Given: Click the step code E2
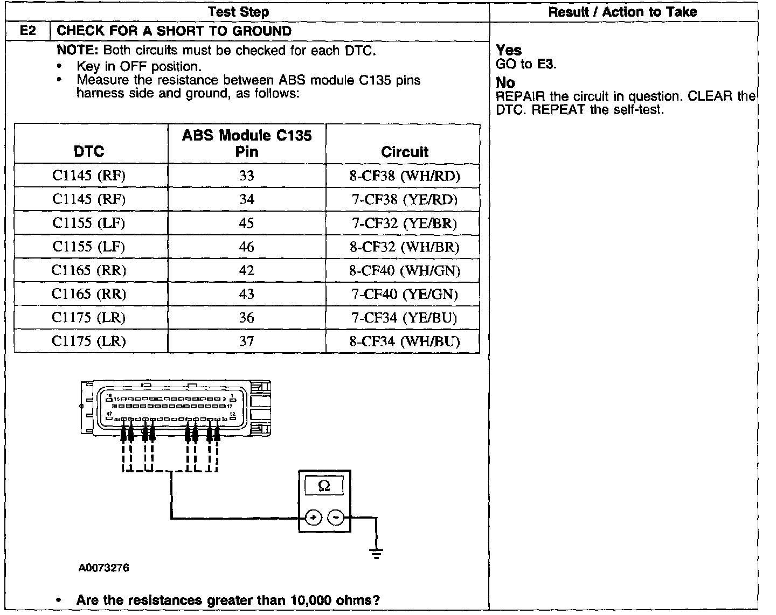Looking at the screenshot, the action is [x=27, y=31].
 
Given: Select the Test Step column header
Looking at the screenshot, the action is [x=238, y=12].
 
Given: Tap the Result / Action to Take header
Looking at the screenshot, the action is [x=622, y=12].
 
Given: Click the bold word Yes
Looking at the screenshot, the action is [x=509, y=50].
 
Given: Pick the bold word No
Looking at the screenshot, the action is [x=505, y=82].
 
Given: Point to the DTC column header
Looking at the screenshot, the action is [x=89, y=151].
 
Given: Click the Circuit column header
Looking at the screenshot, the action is [x=405, y=152].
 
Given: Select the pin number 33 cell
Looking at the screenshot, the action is [x=247, y=176].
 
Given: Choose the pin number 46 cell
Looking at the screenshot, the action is [x=247, y=247].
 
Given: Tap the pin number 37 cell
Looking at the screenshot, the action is [x=247, y=341].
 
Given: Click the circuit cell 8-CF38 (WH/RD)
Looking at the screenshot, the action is [x=405, y=176].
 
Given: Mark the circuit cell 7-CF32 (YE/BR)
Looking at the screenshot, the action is [x=405, y=223].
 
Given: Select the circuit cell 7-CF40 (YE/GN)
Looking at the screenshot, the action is [x=405, y=294].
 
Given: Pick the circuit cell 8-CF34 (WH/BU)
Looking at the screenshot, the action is [x=405, y=341].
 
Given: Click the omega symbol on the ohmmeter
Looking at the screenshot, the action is [x=324, y=486].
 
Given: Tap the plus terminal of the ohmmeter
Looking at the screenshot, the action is [x=313, y=518].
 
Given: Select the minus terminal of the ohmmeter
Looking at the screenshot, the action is [x=336, y=518].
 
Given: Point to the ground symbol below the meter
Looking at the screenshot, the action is [x=376, y=553].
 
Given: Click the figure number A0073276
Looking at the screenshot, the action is [x=103, y=568].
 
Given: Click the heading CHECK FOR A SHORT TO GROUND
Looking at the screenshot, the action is [x=174, y=31].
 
